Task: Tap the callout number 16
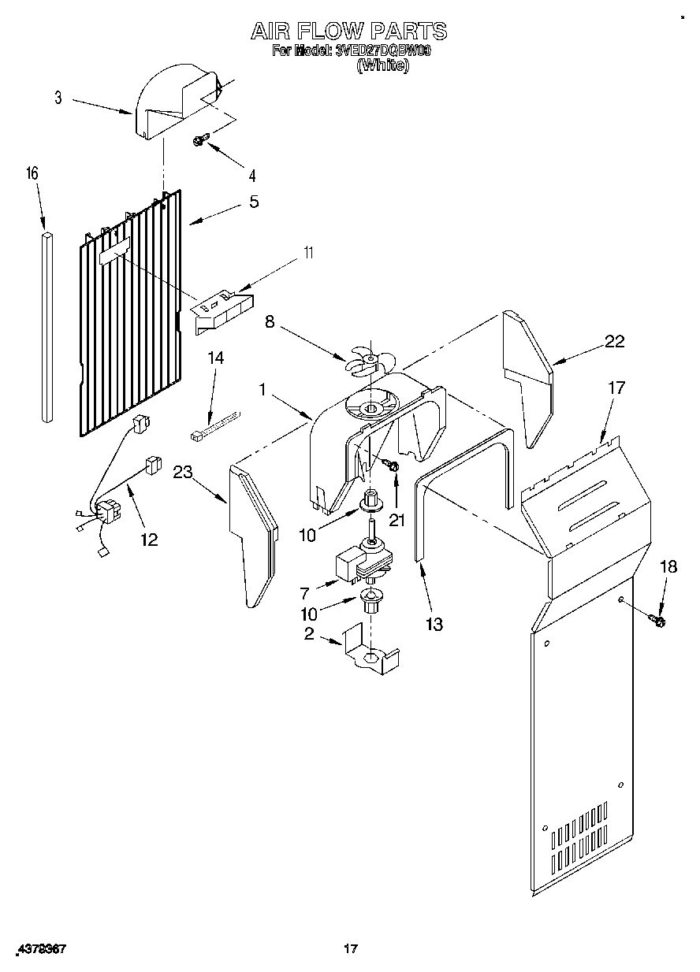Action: [x=33, y=173]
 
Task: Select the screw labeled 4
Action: [x=200, y=141]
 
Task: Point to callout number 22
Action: [x=613, y=341]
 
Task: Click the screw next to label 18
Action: [x=657, y=621]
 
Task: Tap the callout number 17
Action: [x=616, y=388]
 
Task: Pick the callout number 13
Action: [x=433, y=625]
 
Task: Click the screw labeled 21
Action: [x=392, y=468]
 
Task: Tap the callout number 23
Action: [x=182, y=473]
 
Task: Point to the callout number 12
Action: [x=148, y=540]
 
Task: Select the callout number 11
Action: [x=309, y=253]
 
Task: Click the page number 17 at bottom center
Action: [x=351, y=949]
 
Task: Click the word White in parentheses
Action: [x=383, y=65]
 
